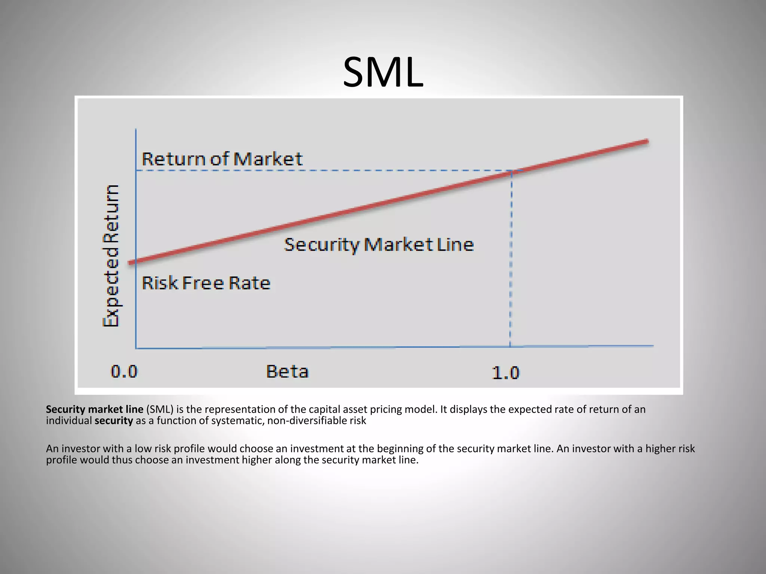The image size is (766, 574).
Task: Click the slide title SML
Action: pyautogui.click(x=383, y=72)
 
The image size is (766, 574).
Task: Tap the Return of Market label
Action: pyautogui.click(x=222, y=159)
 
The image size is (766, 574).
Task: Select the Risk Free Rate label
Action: pyautogui.click(x=206, y=283)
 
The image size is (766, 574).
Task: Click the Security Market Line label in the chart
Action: pyautogui.click(x=379, y=245)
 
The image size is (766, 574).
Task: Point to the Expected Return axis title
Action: pyautogui.click(x=111, y=256)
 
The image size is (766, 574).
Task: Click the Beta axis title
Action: pyautogui.click(x=287, y=372)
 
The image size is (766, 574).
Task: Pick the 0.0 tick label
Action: pyautogui.click(x=124, y=372)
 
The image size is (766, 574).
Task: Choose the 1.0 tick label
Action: pyautogui.click(x=505, y=373)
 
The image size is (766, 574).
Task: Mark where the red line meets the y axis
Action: pyautogui.click(x=136, y=261)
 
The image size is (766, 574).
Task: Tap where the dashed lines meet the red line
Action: pyautogui.click(x=511, y=172)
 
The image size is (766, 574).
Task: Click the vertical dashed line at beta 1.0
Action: pyautogui.click(x=511, y=262)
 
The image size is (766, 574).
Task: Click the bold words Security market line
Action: pyautogui.click(x=95, y=410)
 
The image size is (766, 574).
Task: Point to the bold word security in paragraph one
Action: pyautogui.click(x=114, y=421)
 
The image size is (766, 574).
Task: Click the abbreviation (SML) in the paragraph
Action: pyautogui.click(x=160, y=410)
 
